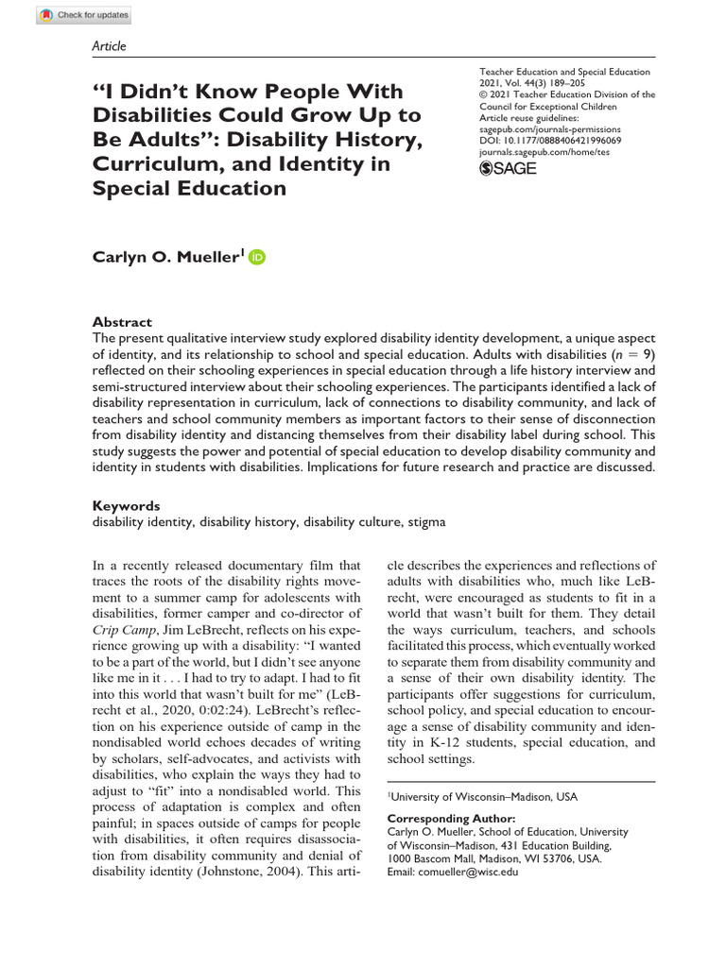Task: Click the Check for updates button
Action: coord(85,15)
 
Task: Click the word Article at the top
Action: coord(109,45)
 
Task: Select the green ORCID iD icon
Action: coord(257,256)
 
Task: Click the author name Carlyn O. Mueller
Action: coord(166,256)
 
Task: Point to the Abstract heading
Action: coord(122,322)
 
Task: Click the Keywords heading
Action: coord(126,506)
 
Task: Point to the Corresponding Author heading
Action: coord(452,818)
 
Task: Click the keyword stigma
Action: coord(426,520)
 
